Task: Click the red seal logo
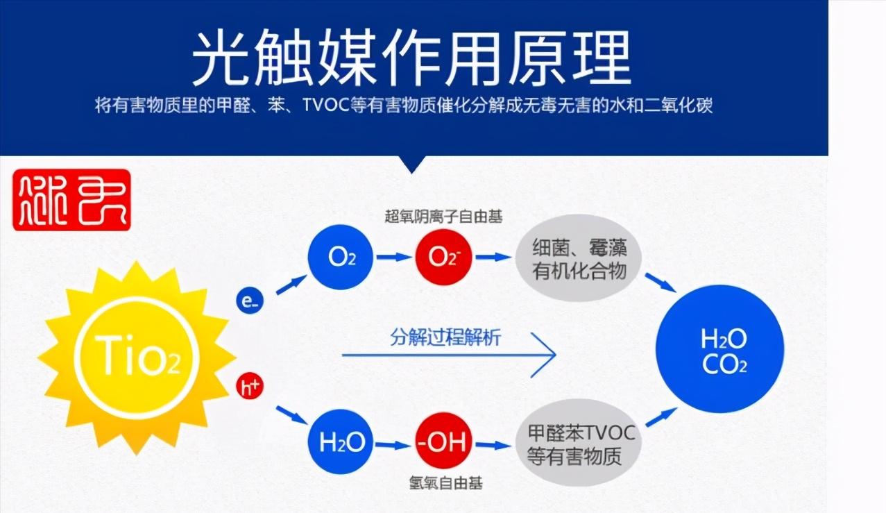[x=71, y=199]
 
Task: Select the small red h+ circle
[x=250, y=387]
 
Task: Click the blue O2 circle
[x=341, y=257]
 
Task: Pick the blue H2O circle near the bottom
[x=341, y=443]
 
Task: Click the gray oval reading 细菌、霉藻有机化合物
[x=579, y=258]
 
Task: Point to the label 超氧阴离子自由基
[x=443, y=217]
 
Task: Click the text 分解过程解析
[x=445, y=338]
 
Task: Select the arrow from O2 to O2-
[x=393, y=257]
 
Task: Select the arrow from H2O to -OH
[x=393, y=444]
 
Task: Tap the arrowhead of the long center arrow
[x=548, y=355]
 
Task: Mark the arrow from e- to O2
[x=291, y=284]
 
